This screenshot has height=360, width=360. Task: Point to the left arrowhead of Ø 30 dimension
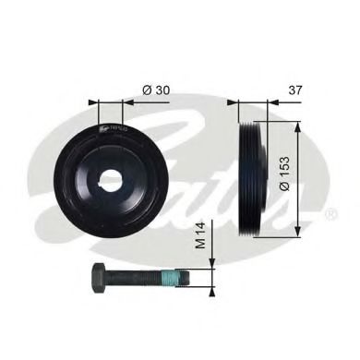[92, 102]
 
